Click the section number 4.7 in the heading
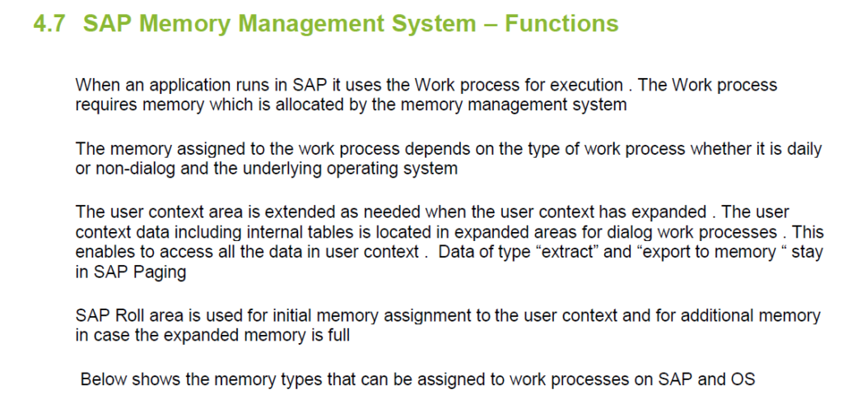click(x=51, y=24)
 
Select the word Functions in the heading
click(x=561, y=24)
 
